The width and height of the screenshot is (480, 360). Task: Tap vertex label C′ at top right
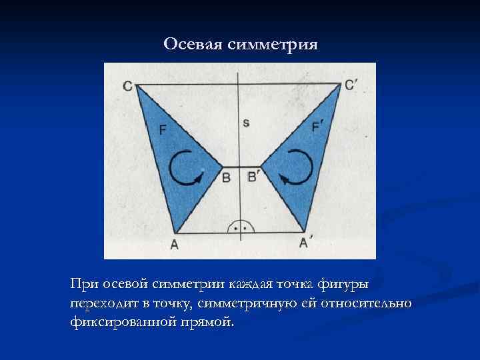351,85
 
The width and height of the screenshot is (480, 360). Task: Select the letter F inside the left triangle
163,129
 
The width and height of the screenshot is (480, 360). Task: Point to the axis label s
246,122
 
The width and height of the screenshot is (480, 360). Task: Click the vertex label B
227,178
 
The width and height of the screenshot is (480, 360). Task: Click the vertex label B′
253,177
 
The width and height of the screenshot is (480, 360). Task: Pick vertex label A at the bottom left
174,244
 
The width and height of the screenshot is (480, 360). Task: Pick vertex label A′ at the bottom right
305,243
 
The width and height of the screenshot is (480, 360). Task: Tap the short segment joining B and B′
241,167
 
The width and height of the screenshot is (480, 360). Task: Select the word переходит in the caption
100,304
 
